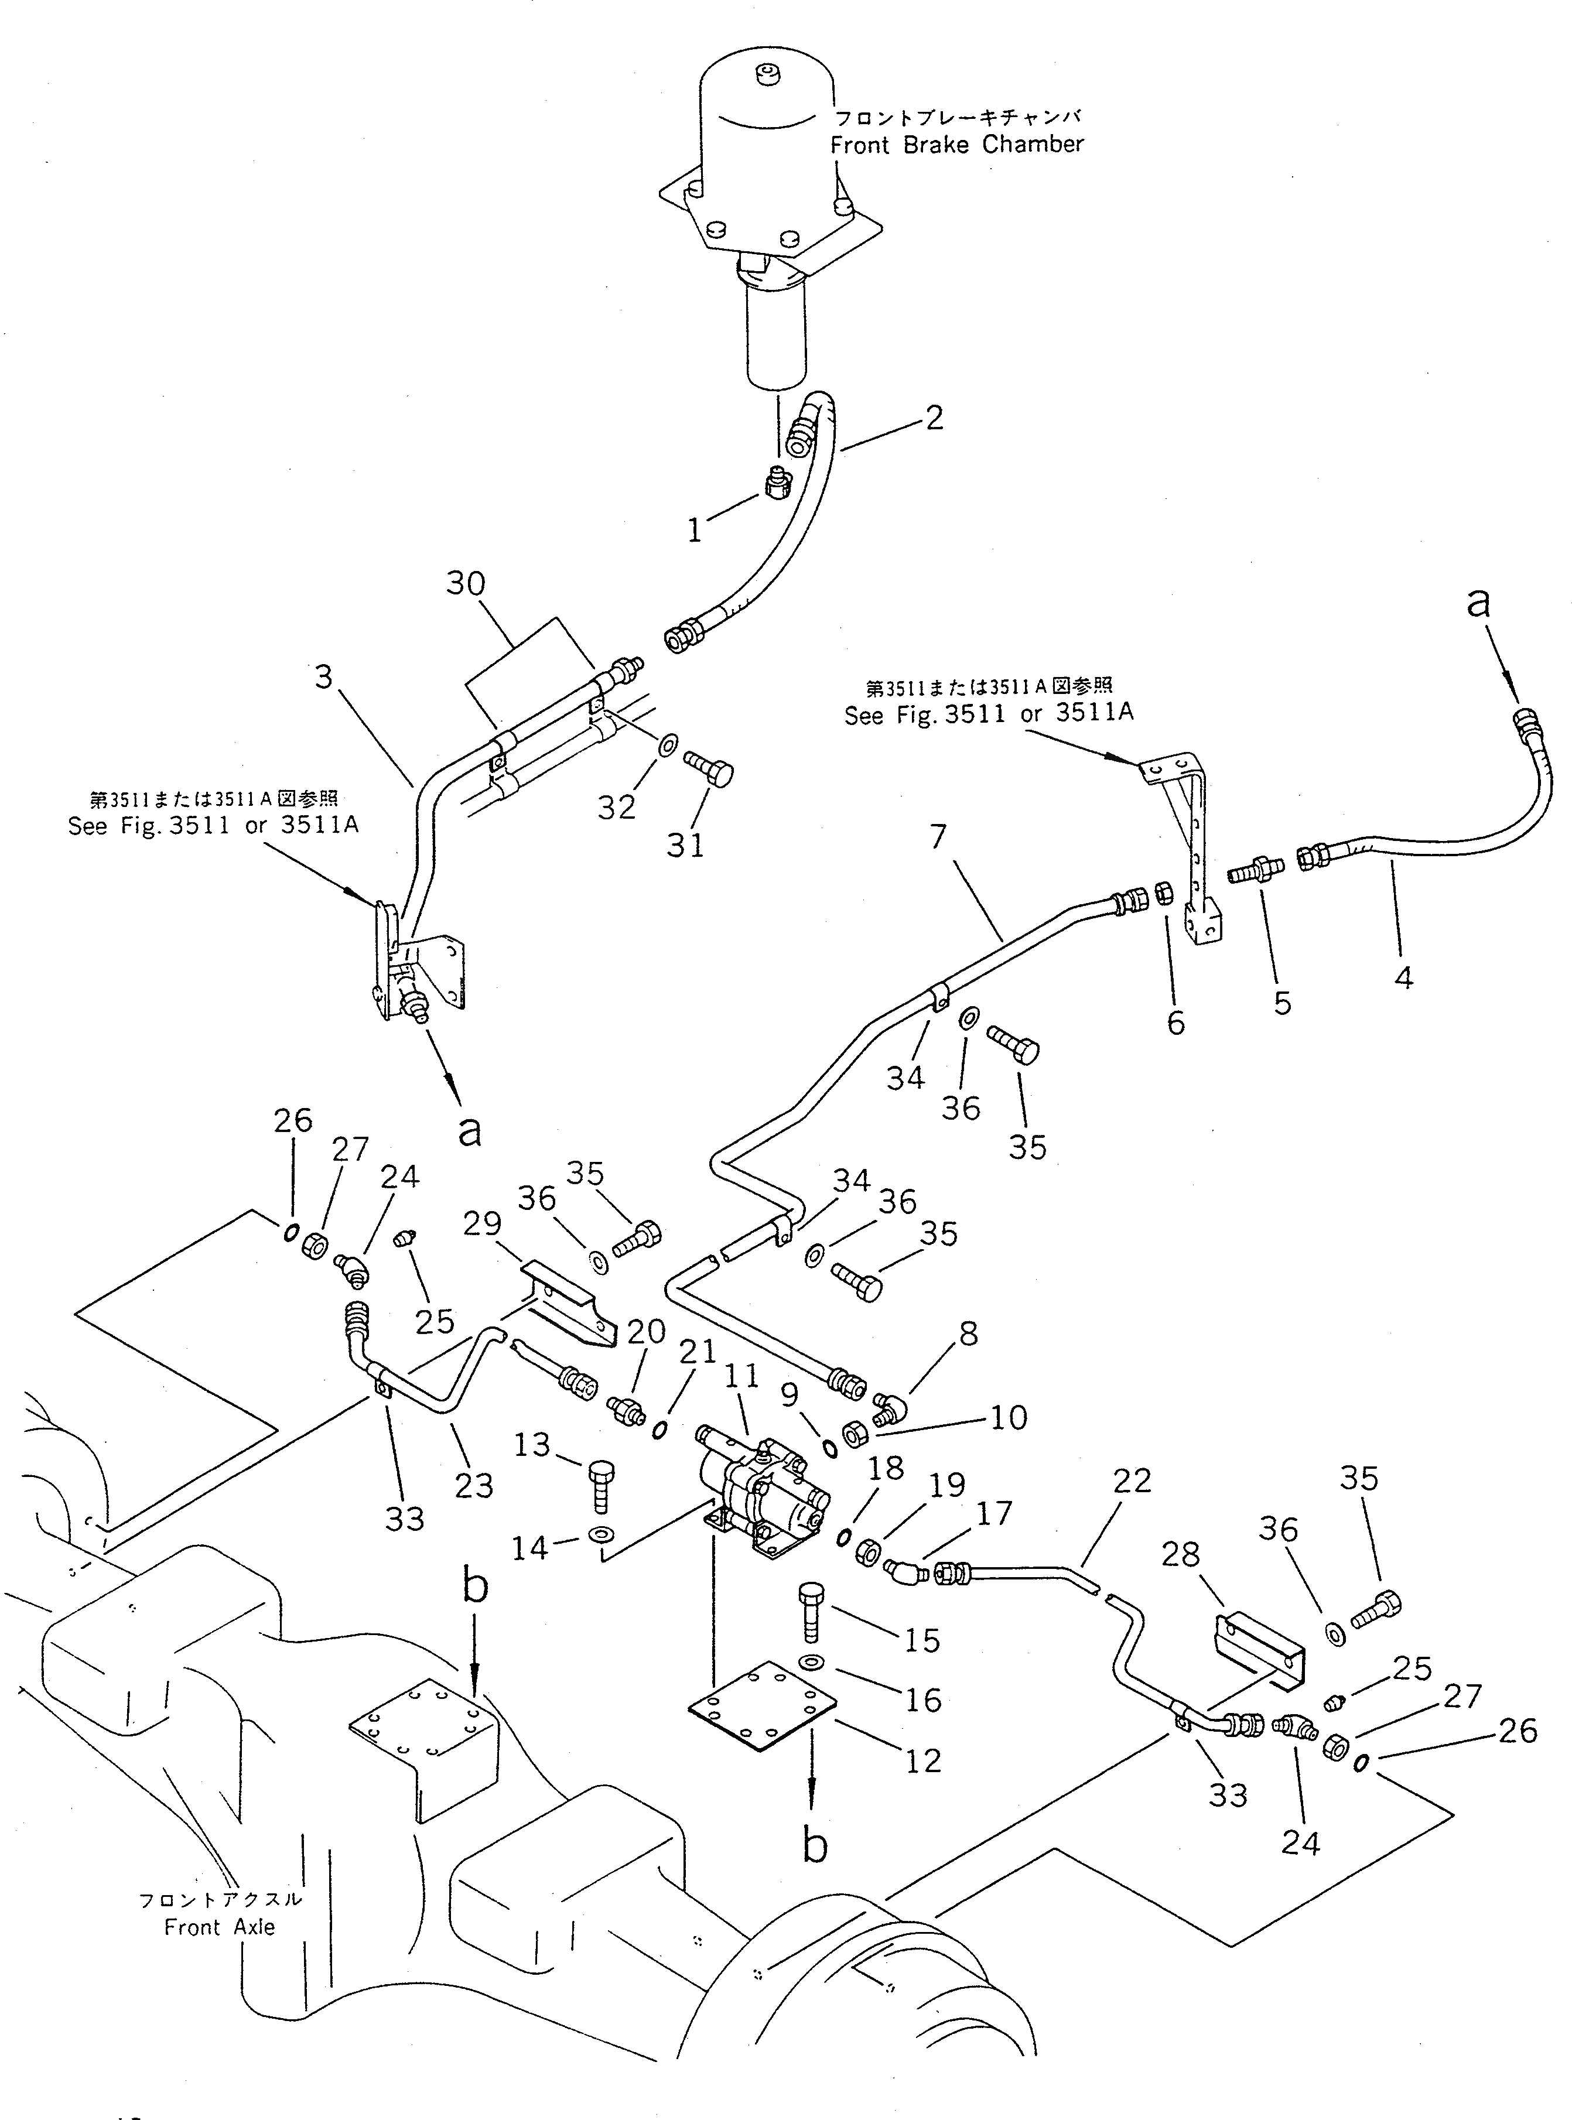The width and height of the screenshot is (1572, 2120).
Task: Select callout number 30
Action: [x=466, y=583]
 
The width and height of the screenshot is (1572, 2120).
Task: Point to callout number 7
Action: [x=938, y=836]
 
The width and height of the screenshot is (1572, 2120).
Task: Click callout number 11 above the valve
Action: [x=741, y=1377]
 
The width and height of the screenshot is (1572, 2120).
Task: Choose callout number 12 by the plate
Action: [x=923, y=1760]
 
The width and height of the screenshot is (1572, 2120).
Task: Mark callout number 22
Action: [x=1132, y=1480]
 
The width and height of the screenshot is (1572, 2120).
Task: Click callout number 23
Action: [x=474, y=1485]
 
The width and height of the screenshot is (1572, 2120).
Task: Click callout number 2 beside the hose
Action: [x=934, y=418]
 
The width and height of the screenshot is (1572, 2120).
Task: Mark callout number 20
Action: [x=646, y=1333]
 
